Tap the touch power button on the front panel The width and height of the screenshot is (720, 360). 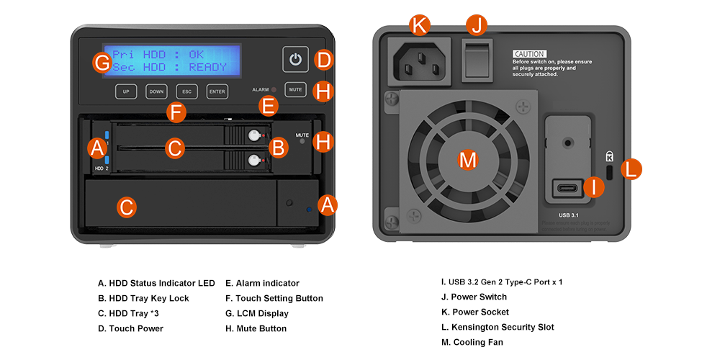[295, 60]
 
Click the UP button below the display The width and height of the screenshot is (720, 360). [126, 91]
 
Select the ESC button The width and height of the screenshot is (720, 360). [187, 91]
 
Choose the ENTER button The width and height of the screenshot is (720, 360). [217, 91]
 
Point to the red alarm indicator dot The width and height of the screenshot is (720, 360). [274, 89]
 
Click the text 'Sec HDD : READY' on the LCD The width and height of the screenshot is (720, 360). [170, 67]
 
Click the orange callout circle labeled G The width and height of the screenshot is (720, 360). [102, 63]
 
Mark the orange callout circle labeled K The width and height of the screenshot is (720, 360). [420, 25]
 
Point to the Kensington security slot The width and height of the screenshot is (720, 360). [609, 172]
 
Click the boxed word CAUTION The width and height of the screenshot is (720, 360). [529, 54]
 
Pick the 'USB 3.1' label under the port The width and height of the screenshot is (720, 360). [569, 215]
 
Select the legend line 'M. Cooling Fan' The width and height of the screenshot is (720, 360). [472, 342]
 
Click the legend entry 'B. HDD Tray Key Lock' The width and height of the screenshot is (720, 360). [143, 298]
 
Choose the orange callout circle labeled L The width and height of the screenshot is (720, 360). [631, 169]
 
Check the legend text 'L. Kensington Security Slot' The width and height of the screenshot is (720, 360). [498, 327]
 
